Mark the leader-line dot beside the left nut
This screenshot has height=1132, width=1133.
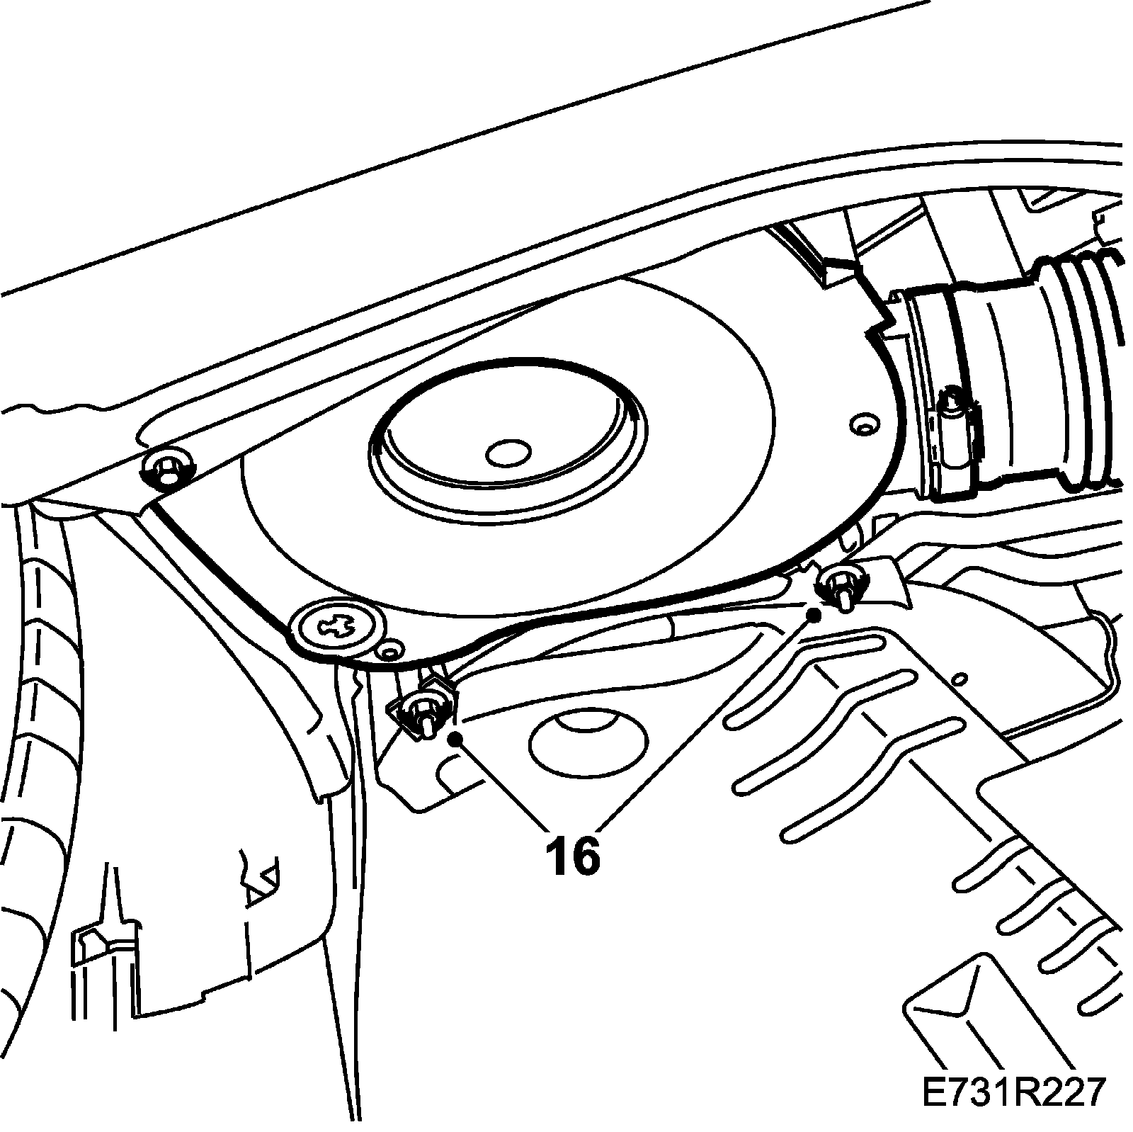pos(456,739)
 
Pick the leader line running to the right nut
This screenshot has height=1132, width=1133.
pos(708,720)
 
